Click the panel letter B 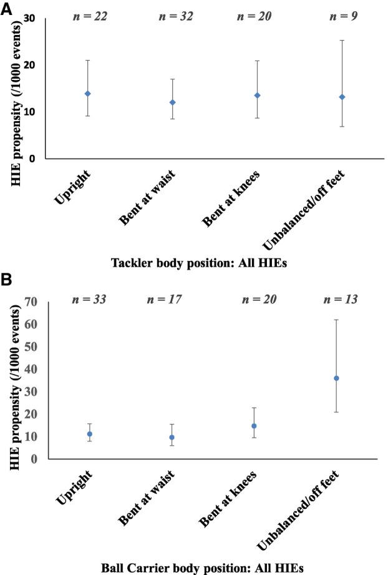[x=7, y=280]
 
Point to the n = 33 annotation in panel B [x=89, y=300]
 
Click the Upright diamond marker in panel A [x=88, y=94]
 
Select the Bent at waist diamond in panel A [x=172, y=102]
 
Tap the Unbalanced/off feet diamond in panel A [x=342, y=97]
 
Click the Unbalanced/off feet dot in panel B [x=336, y=378]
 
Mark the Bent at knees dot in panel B [x=254, y=426]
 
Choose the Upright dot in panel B [x=89, y=434]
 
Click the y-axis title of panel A [x=12, y=87]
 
